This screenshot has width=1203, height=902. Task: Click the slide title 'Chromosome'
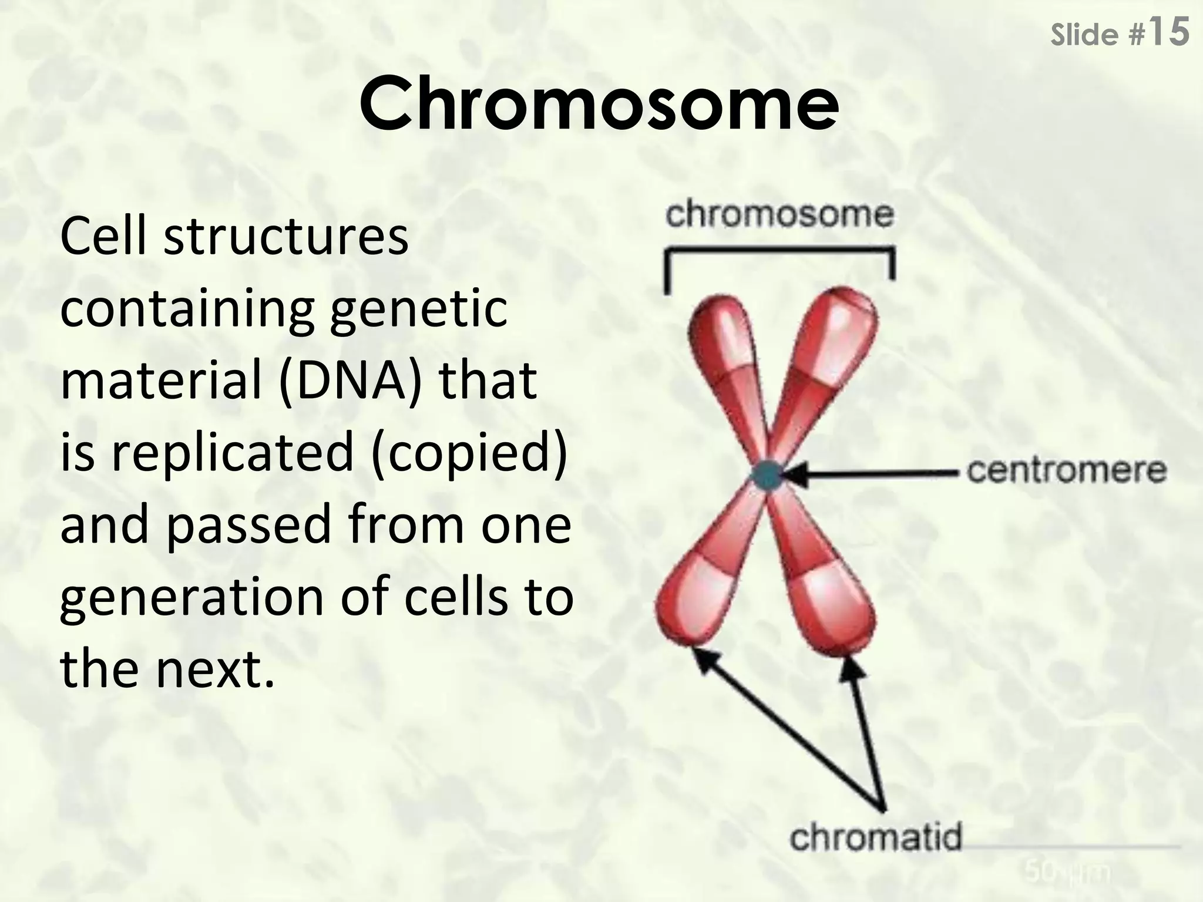[599, 105]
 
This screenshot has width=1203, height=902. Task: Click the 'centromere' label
[1066, 470]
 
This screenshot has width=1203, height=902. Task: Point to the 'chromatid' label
[875, 837]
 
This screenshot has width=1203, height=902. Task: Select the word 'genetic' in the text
[418, 310]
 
